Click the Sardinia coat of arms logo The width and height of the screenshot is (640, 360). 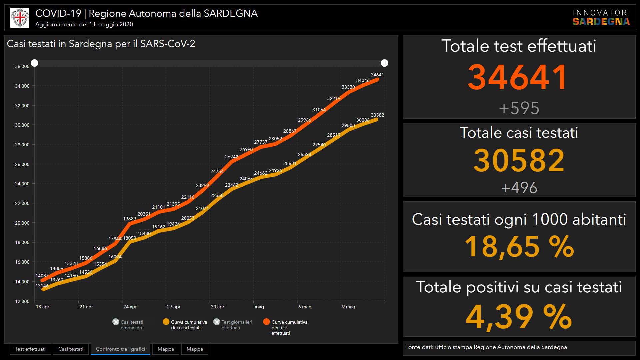20,18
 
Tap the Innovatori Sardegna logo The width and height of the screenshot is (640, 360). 601,17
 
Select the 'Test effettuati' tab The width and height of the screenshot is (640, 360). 30,349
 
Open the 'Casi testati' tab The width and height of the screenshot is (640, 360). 71,349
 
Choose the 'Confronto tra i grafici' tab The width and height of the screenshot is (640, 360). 120,349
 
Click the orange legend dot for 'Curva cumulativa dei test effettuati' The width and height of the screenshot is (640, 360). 266,322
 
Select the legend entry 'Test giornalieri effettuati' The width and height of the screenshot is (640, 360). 233,325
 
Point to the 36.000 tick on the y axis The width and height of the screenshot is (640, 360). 22,66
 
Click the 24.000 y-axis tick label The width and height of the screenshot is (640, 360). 22,184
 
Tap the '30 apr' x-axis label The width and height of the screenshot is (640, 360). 217,307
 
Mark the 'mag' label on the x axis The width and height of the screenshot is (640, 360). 259,307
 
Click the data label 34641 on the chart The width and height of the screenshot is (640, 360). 377,75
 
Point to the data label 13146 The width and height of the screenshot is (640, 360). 42,286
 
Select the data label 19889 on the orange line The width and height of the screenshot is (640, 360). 129,219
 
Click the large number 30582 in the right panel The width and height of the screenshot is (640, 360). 519,161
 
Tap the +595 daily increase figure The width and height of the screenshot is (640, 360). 519,108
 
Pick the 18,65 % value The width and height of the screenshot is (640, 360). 519,247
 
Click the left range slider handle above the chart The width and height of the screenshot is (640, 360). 35,63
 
